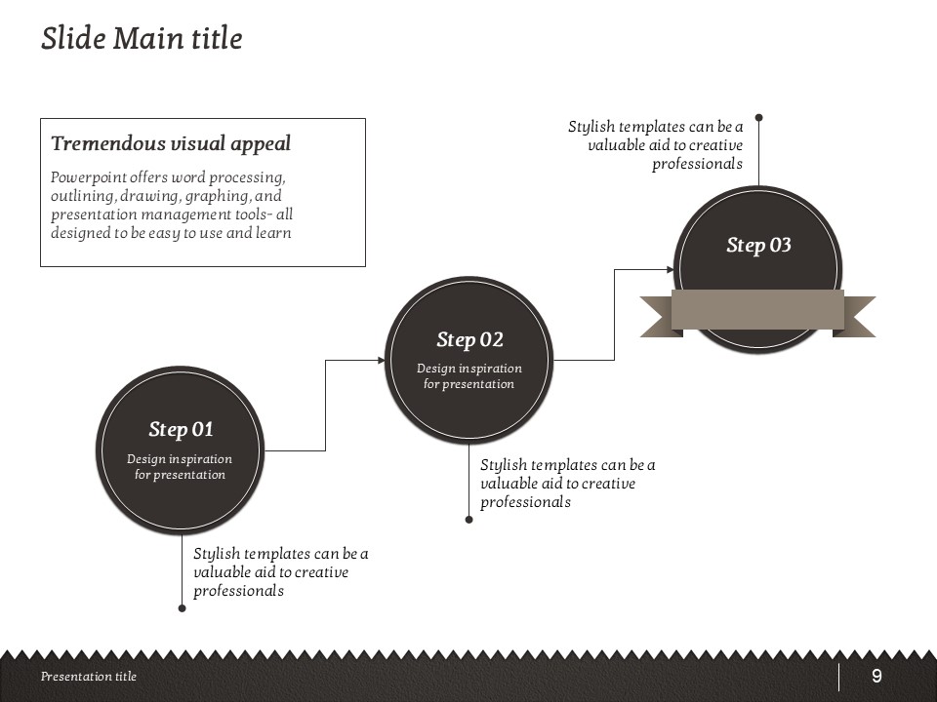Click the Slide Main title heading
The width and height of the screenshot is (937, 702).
[142, 39]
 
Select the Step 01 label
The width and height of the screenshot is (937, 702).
[181, 430]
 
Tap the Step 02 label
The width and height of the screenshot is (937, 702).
[469, 340]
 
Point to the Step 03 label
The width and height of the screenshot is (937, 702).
[758, 246]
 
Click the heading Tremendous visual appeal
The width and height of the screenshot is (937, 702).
[171, 144]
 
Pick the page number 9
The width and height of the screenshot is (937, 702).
[876, 677]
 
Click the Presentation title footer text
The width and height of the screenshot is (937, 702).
[89, 677]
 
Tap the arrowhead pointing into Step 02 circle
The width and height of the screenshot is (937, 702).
[381, 360]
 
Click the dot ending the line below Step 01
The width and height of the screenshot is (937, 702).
[182, 608]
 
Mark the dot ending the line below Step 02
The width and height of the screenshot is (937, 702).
[468, 520]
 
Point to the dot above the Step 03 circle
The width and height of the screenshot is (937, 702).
[758, 118]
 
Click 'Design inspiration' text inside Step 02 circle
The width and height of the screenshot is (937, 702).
[469, 369]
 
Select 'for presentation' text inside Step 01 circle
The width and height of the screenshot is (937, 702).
[180, 475]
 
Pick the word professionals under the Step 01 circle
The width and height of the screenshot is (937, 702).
[238, 591]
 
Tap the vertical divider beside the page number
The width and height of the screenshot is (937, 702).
[839, 677]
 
